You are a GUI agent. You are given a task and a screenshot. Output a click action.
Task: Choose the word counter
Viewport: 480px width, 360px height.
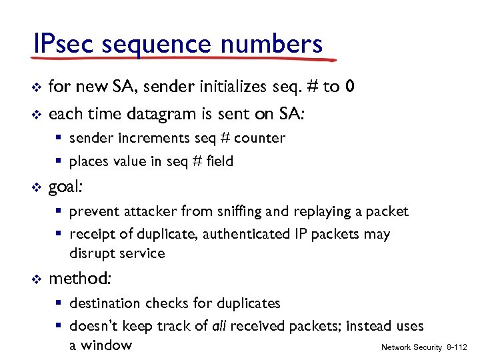click(259, 138)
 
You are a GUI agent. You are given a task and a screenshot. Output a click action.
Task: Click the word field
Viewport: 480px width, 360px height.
click(219, 161)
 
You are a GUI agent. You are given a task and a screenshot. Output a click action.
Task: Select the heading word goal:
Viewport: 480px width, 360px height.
click(66, 187)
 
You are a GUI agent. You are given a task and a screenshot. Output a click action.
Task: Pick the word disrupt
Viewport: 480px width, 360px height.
click(89, 253)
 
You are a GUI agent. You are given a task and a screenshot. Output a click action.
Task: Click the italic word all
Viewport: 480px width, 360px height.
click(218, 326)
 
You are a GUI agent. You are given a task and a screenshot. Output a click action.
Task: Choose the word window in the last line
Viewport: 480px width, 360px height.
click(107, 345)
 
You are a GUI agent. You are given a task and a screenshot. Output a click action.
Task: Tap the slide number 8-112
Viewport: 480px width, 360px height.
click(456, 347)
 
